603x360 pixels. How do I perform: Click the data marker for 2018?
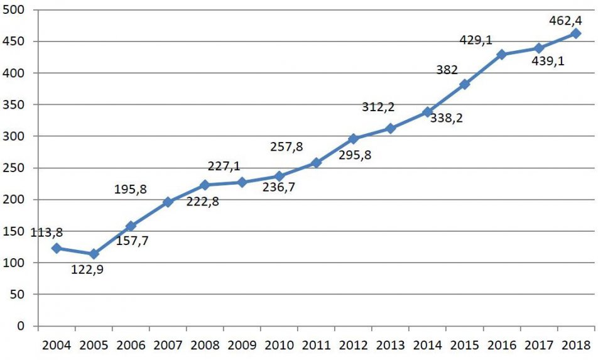click(x=575, y=33)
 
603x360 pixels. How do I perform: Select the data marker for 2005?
click(x=94, y=254)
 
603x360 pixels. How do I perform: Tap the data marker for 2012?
click(x=353, y=138)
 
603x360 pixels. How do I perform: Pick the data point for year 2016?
click(x=501, y=55)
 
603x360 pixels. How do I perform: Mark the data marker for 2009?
click(x=242, y=182)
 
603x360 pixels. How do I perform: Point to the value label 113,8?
click(x=28, y=232)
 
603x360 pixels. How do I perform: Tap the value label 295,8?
click(x=355, y=154)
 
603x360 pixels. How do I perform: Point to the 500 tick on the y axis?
click(x=14, y=10)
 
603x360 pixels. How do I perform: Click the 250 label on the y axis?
click(x=14, y=168)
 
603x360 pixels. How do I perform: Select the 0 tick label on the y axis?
click(x=21, y=326)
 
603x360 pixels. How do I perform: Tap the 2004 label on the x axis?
click(x=56, y=345)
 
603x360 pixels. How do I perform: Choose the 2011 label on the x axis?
click(x=316, y=345)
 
